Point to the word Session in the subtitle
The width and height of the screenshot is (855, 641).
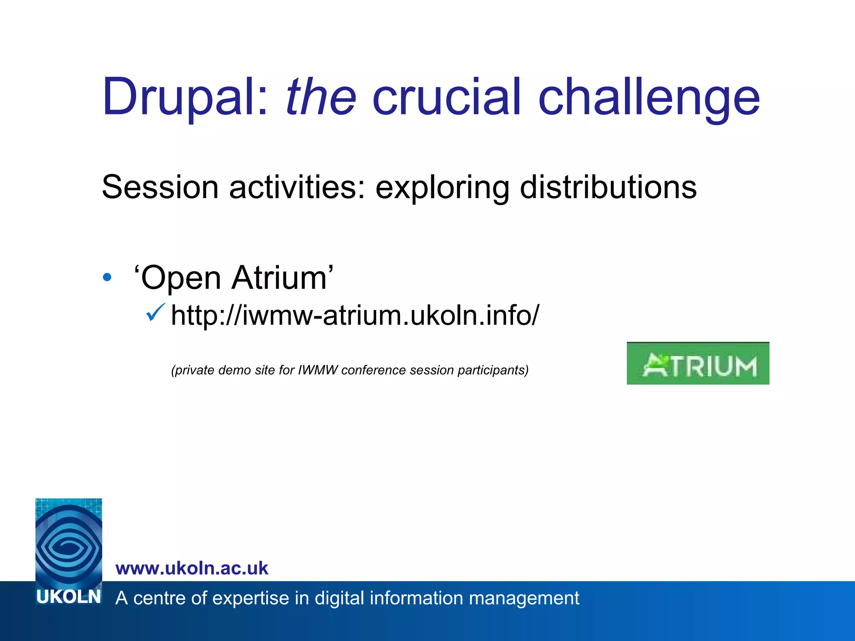pyautogui.click(x=160, y=187)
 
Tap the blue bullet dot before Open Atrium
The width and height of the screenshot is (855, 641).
pyautogui.click(x=107, y=277)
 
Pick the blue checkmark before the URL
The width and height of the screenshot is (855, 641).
pyautogui.click(x=155, y=313)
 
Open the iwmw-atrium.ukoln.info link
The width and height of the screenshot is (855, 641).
pyautogui.click(x=355, y=315)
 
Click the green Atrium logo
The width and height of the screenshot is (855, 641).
pyautogui.click(x=698, y=363)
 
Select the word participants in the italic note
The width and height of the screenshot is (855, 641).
pyautogui.click(x=493, y=371)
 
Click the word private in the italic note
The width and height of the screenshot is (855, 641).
pyautogui.click(x=193, y=371)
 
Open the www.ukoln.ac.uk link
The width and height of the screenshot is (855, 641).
pyautogui.click(x=192, y=568)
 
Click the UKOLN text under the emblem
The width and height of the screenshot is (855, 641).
pyautogui.click(x=68, y=597)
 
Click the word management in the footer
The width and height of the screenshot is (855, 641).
pyautogui.click(x=524, y=598)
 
